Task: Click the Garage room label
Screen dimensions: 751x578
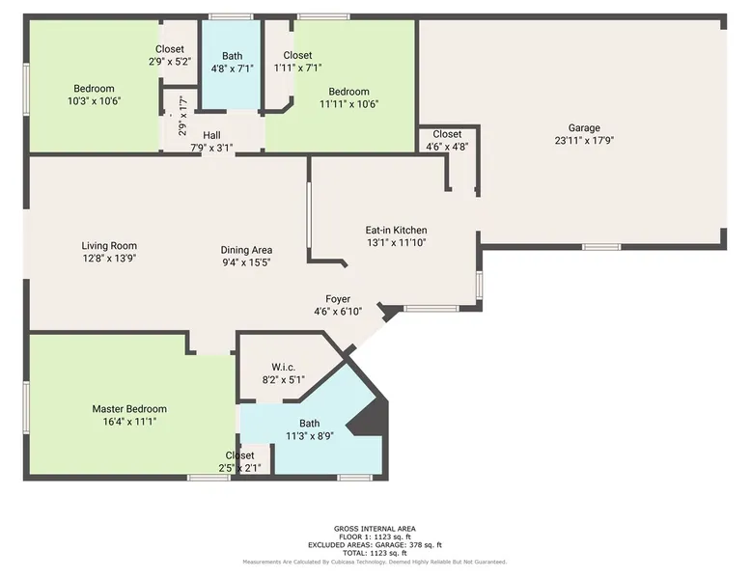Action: (x=584, y=128)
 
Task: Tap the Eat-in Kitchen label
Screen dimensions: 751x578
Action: (x=396, y=230)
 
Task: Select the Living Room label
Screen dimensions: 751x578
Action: (x=109, y=246)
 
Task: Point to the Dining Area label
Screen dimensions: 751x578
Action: (x=246, y=250)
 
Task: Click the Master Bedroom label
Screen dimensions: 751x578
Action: (x=129, y=409)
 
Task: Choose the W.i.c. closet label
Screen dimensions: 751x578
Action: (x=284, y=368)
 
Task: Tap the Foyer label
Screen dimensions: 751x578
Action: (x=338, y=299)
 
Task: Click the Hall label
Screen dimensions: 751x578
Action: (x=211, y=135)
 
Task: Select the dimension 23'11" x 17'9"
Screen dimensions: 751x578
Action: (x=584, y=140)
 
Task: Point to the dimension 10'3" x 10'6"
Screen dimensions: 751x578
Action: (x=94, y=101)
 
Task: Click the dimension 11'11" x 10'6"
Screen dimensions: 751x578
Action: (x=349, y=104)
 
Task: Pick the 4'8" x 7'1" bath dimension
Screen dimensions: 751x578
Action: (x=233, y=69)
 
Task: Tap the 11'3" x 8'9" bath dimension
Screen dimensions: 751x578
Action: (x=310, y=436)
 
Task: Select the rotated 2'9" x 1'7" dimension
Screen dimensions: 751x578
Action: (x=182, y=116)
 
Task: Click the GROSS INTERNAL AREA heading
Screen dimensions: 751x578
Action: (x=375, y=529)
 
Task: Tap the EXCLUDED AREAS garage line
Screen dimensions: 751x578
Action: (x=375, y=545)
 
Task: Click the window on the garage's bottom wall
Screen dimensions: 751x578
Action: (x=601, y=247)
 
